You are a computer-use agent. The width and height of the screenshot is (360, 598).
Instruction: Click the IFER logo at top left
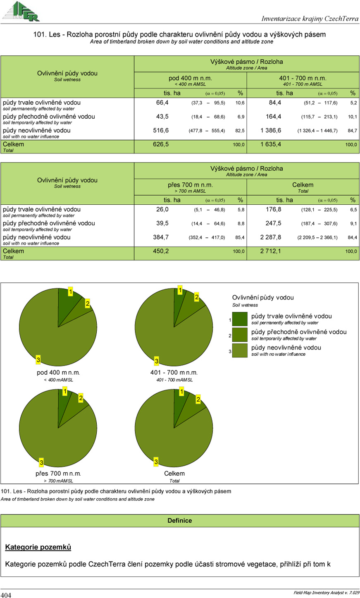tap(21, 11)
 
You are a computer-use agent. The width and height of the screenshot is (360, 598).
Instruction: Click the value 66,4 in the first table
tap(162, 103)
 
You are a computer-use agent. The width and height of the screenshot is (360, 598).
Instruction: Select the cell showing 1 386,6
tap(271, 130)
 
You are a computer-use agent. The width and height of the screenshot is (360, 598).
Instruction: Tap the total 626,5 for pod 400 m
tap(161, 144)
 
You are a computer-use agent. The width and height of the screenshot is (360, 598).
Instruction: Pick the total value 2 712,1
tap(271, 251)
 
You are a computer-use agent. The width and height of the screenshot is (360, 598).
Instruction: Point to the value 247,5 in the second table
tap(273, 223)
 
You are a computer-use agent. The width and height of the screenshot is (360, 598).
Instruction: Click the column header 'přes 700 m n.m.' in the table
tap(190, 185)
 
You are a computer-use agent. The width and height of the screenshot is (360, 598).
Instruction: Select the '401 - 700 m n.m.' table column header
tap(303, 78)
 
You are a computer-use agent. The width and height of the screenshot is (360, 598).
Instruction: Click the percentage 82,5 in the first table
tap(240, 131)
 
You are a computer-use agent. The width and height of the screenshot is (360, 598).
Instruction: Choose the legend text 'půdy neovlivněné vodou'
tap(286, 348)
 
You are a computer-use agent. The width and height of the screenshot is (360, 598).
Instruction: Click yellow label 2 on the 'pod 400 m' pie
tap(87, 304)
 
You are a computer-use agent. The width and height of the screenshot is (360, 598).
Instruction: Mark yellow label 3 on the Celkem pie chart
tap(156, 461)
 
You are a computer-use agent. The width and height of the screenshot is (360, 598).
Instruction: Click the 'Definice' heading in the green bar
tap(179, 521)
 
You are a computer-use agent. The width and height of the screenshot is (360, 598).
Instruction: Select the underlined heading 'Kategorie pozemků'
tap(38, 547)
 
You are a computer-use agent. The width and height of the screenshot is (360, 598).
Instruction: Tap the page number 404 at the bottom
tap(6, 595)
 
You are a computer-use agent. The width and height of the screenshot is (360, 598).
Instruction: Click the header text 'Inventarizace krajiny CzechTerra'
tap(310, 19)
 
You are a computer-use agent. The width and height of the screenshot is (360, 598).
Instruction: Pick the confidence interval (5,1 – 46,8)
tap(209, 210)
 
